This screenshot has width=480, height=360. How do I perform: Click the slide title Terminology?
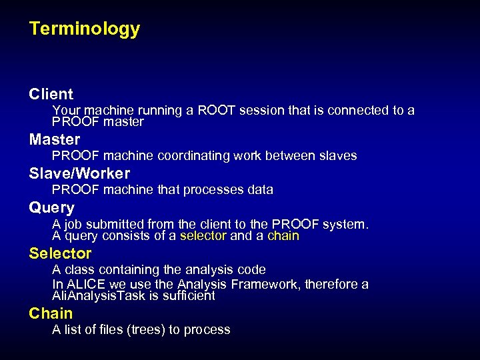click(x=85, y=29)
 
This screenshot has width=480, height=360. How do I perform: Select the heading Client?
click(x=51, y=94)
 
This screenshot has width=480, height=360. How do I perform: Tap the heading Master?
click(x=55, y=139)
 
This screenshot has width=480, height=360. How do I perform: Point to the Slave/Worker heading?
click(x=79, y=173)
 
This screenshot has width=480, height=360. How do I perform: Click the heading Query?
click(x=52, y=207)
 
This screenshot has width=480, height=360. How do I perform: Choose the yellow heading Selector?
click(x=60, y=253)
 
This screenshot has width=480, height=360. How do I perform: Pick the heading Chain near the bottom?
click(x=51, y=313)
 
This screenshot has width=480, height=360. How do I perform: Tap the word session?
click(x=260, y=110)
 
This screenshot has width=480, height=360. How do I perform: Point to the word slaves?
click(x=337, y=155)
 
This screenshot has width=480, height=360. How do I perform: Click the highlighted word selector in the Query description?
click(x=203, y=236)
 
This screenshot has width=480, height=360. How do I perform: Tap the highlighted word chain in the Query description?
click(x=283, y=236)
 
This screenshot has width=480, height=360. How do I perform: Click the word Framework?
click(x=265, y=285)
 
